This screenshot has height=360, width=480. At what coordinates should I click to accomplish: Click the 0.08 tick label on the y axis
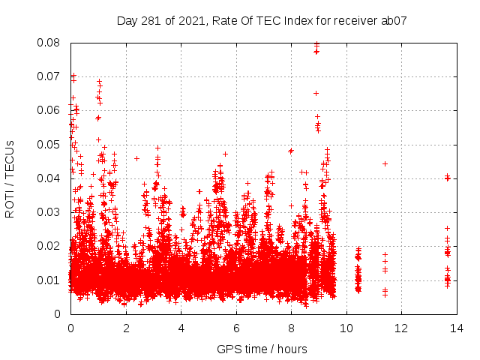[51, 43]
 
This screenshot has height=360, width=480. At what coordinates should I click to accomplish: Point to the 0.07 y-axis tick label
[51, 76]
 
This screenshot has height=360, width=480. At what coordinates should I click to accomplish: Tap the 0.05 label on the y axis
[51, 144]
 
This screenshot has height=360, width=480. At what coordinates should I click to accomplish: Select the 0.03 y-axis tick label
[51, 212]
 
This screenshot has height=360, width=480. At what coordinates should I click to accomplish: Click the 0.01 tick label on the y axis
[51, 280]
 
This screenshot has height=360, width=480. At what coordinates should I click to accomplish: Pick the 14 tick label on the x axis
[456, 328]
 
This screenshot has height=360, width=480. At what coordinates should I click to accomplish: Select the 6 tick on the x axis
[235, 328]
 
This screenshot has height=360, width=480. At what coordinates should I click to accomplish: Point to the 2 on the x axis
[126, 328]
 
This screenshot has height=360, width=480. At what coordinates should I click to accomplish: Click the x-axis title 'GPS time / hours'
[262, 349]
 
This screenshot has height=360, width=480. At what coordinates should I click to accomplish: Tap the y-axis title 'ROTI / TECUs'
[10, 178]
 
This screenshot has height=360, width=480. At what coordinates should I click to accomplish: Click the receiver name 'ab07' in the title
[394, 21]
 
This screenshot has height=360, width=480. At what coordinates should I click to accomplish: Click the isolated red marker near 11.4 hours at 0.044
[385, 163]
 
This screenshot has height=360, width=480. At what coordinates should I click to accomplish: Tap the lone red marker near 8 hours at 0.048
[291, 151]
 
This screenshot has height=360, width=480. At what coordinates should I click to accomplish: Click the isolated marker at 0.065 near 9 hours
[316, 93]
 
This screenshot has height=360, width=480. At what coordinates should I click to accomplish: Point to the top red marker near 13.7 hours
[447, 176]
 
